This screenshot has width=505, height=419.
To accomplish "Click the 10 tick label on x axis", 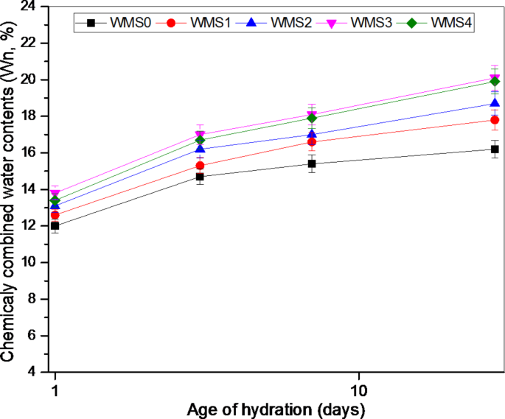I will point(359,387).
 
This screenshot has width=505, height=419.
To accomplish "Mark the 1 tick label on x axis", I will point(55,387).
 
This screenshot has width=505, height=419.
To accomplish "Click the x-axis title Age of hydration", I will point(276,408).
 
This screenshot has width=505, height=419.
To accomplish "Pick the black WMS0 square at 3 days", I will point(200,177).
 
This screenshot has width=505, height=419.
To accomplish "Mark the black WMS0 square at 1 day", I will point(55,226).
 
